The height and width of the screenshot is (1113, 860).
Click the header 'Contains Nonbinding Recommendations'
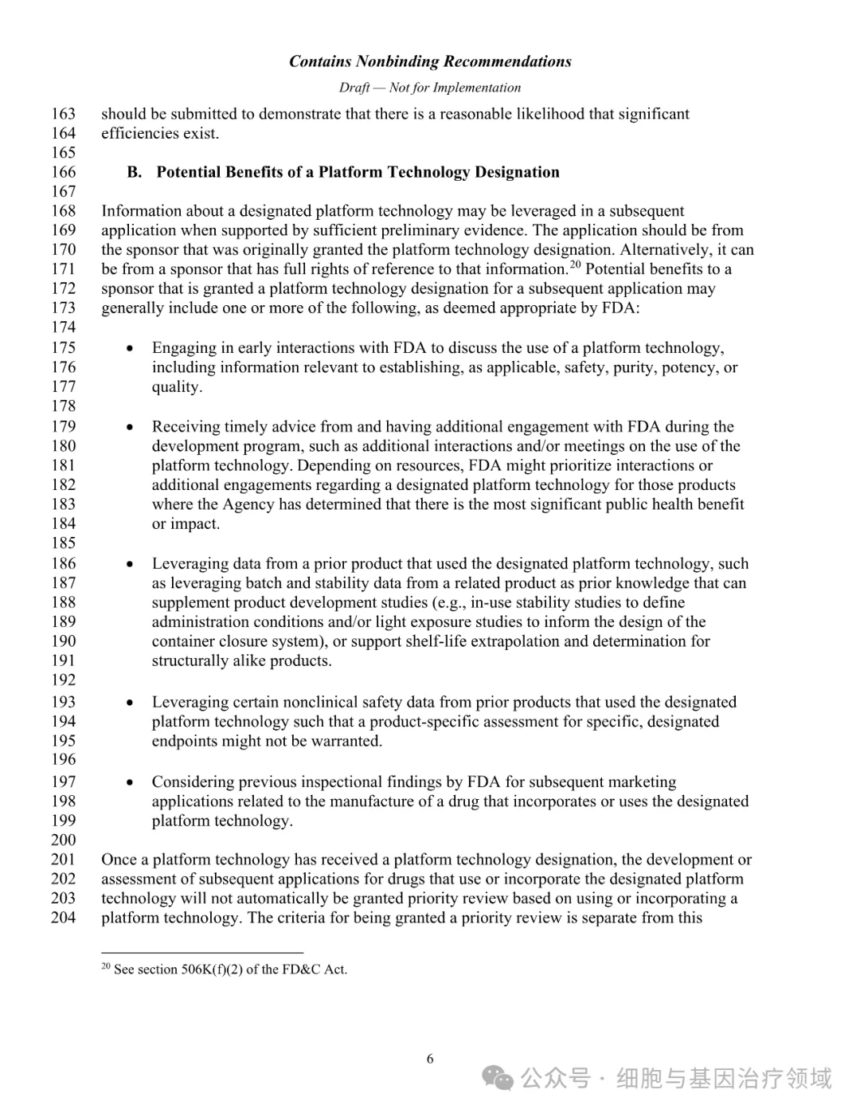click(x=430, y=61)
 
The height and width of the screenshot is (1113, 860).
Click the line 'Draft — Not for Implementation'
click(x=430, y=88)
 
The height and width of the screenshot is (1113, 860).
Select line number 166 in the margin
click(x=64, y=172)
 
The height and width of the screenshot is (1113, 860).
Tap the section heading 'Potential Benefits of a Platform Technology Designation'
click(x=358, y=172)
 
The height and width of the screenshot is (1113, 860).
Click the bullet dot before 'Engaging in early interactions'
click(x=130, y=349)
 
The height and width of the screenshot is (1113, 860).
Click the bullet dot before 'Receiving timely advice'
click(x=130, y=428)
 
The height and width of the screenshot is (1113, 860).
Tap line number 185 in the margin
click(x=64, y=543)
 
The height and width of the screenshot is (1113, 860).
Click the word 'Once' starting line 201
click(x=118, y=860)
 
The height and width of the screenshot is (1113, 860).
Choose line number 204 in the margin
click(x=64, y=918)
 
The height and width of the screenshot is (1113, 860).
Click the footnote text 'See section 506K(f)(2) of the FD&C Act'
click(x=230, y=970)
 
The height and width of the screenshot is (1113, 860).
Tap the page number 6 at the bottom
click(x=430, y=1059)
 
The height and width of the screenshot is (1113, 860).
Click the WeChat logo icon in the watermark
click(x=500, y=1080)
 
